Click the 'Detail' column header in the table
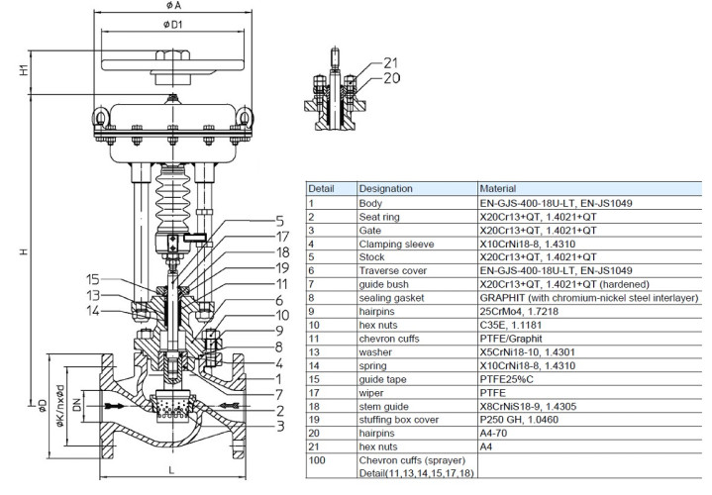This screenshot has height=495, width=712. (321, 187)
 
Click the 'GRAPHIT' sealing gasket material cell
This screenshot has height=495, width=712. (584, 296)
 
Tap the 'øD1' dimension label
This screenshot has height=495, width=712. (171, 26)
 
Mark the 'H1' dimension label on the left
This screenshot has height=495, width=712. (23, 70)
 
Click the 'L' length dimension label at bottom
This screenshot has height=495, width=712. (171, 467)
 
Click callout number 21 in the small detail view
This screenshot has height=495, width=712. (390, 62)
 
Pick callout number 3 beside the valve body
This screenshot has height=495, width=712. (280, 427)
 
